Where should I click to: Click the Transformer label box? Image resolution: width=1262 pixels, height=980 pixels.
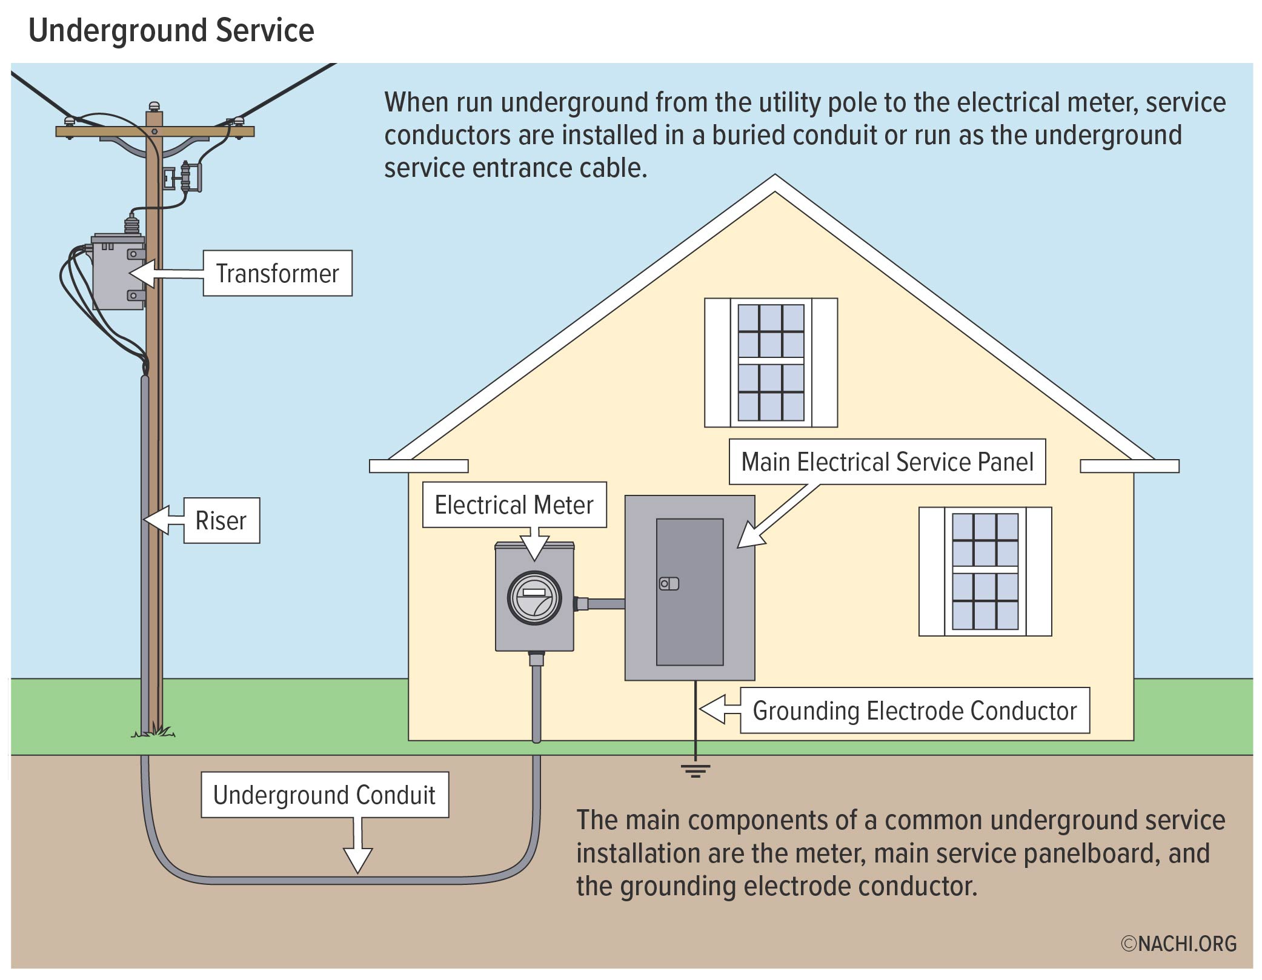277,273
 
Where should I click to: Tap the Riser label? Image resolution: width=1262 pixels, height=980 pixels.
221,520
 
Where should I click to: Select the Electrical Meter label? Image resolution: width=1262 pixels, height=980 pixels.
514,505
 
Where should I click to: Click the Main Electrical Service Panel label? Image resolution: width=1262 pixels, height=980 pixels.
887,462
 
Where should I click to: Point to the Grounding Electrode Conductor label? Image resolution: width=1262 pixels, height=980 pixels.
914,710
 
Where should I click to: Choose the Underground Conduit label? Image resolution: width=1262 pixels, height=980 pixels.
325,795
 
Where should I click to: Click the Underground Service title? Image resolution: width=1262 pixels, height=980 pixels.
171,30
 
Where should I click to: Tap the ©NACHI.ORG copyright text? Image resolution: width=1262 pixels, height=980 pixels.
1178,944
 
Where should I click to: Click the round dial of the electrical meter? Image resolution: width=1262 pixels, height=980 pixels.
534,598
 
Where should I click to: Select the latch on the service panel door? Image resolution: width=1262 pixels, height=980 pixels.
669,584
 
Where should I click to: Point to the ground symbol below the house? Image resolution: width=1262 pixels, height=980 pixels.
696,770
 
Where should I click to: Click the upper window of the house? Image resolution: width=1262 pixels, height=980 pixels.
771,362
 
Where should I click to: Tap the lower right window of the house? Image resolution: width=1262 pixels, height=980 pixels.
985,571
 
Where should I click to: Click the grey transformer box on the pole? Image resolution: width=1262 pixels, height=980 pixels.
118,273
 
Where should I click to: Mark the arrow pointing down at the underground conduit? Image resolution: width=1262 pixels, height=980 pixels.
358,848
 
